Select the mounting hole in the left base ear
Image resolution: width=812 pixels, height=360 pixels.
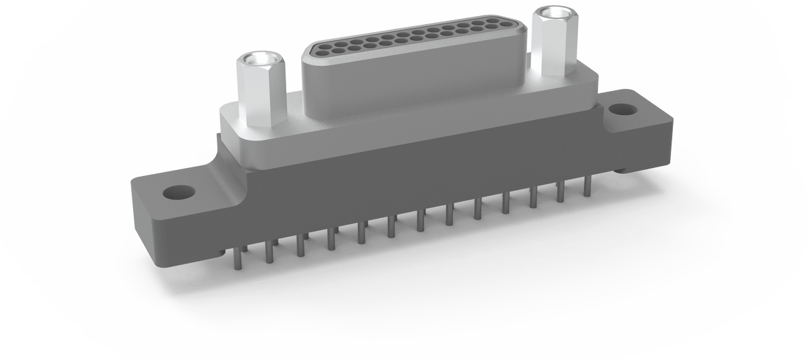click(179, 193)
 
